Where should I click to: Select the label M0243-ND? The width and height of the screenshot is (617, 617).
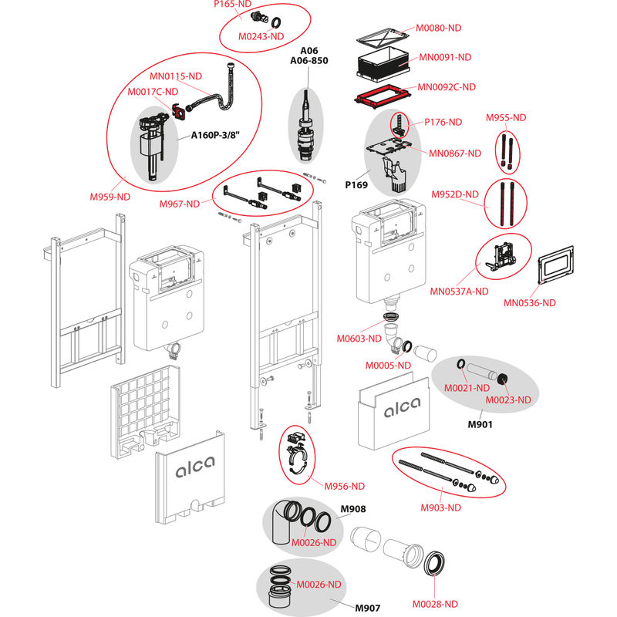[x=261, y=36]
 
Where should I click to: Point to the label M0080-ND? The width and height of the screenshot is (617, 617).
[x=439, y=28]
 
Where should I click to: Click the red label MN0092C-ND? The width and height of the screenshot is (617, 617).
[x=447, y=86]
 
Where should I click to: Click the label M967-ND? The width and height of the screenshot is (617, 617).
[x=181, y=204]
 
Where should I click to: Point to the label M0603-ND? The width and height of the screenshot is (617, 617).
[x=359, y=338]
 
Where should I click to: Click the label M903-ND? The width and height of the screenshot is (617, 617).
[x=441, y=507]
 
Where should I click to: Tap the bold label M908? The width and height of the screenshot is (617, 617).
[x=353, y=509]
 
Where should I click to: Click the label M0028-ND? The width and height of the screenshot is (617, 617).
[x=435, y=603]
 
